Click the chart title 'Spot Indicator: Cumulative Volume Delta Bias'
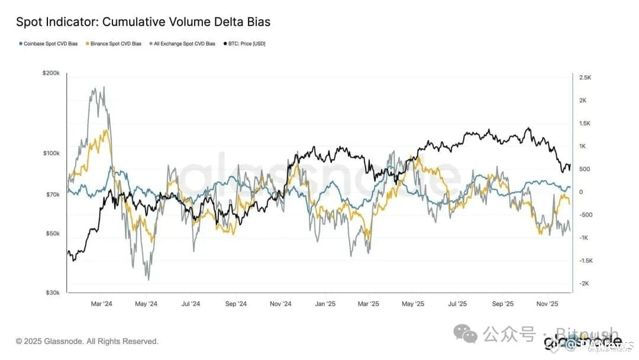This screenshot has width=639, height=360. coord(143,22)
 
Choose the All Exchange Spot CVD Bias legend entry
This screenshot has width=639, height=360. coord(184,44)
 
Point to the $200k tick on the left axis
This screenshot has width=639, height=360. coord(51,73)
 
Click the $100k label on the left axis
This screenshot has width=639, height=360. coord(51,153)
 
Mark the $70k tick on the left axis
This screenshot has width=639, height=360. coord(53,194)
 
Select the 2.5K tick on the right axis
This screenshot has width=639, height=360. coord(585,78)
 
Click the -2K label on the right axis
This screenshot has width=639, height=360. coord(585,284)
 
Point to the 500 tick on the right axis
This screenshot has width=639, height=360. coord(584,169)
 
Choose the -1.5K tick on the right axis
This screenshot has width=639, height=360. coord(586,261)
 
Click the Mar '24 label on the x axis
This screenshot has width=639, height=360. coord(102,304)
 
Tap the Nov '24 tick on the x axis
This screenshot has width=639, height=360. coord(280,304)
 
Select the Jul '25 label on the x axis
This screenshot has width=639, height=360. coord(457,304)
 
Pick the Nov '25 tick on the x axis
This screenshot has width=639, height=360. coord(547,304)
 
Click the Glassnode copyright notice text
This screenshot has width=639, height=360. coord(87,342)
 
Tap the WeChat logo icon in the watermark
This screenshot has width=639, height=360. coord(469,335)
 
